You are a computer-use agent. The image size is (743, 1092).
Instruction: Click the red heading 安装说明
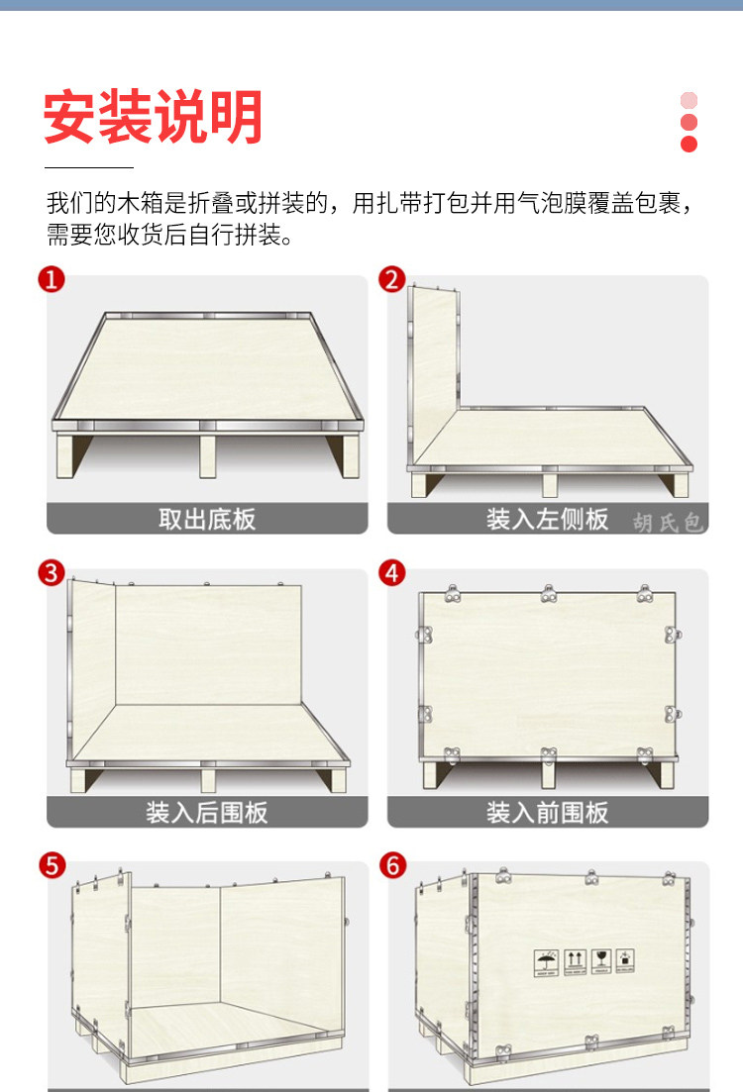(153, 117)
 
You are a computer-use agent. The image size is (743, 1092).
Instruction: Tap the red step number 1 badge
(52, 279)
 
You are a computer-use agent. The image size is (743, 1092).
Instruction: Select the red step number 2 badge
(391, 279)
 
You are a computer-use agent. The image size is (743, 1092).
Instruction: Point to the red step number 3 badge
(52, 573)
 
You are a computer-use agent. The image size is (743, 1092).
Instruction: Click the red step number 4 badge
(391, 573)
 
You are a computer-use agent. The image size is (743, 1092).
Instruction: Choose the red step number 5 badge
(52, 865)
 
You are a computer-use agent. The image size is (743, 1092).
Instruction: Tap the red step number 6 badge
(392, 865)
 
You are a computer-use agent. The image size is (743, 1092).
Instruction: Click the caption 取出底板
(207, 519)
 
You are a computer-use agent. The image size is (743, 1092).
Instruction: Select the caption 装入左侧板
(547, 519)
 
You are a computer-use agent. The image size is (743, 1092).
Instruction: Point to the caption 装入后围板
(207, 813)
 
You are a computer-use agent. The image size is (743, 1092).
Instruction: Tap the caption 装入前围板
(547, 813)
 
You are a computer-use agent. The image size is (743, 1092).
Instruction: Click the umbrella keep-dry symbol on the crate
(546, 962)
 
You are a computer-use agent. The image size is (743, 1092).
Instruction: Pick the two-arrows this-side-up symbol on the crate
(574, 961)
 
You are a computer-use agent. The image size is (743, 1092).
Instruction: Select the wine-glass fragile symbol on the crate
(601, 960)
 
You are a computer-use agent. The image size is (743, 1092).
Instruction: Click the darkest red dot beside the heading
(689, 145)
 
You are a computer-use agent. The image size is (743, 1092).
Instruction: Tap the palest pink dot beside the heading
(689, 100)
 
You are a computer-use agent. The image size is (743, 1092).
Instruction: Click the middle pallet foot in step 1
(208, 456)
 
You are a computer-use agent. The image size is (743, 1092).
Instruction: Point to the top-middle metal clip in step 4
(549, 594)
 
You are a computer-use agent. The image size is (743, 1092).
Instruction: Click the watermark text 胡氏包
(667, 523)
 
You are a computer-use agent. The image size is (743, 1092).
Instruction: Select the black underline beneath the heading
(89, 168)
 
